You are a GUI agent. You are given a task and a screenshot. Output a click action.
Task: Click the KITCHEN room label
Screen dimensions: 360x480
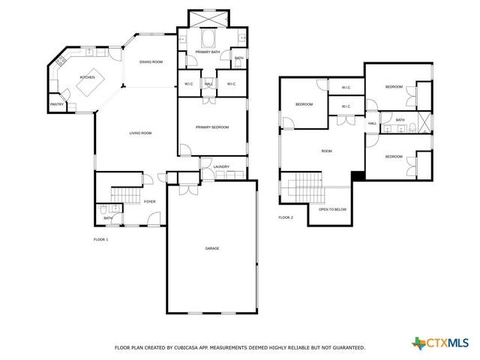point(87,77)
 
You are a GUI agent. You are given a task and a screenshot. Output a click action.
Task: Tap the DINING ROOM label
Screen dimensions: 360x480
point(151,61)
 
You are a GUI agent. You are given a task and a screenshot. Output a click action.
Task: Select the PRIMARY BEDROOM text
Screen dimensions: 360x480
point(212,127)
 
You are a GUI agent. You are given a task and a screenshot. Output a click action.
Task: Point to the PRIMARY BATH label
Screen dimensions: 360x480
point(207,52)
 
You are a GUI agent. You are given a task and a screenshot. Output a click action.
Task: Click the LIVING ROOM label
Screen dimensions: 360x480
point(140,133)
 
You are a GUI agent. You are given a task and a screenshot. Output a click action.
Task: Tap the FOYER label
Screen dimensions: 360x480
point(150,202)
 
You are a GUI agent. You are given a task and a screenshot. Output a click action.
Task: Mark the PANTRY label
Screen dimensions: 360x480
point(56,104)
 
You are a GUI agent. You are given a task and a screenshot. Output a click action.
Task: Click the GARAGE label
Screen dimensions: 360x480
point(212,248)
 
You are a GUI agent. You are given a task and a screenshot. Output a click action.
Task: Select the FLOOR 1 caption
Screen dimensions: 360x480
point(100,239)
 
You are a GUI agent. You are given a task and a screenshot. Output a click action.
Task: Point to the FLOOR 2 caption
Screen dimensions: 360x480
point(286,217)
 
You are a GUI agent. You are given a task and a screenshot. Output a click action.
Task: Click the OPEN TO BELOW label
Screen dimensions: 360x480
point(332,209)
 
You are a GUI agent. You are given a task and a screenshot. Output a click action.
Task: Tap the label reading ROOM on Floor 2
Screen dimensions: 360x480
point(326,151)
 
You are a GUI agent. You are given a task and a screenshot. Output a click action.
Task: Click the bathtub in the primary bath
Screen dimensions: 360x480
point(208,37)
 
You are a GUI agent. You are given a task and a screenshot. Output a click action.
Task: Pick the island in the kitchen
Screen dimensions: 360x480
point(88,88)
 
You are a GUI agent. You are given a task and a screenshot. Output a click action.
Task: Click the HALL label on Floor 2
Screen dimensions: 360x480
point(372,123)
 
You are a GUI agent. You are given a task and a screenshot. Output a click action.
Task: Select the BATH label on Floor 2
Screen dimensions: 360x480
point(400,120)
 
